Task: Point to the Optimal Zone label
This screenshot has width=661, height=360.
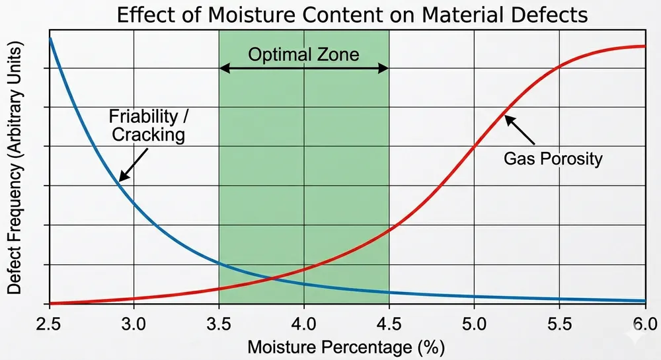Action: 303,54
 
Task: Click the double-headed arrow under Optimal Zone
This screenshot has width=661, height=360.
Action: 303,69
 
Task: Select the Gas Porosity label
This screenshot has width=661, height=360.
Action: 552,159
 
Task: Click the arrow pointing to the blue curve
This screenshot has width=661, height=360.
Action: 133,164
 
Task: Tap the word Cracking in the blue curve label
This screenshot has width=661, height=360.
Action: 147,135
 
